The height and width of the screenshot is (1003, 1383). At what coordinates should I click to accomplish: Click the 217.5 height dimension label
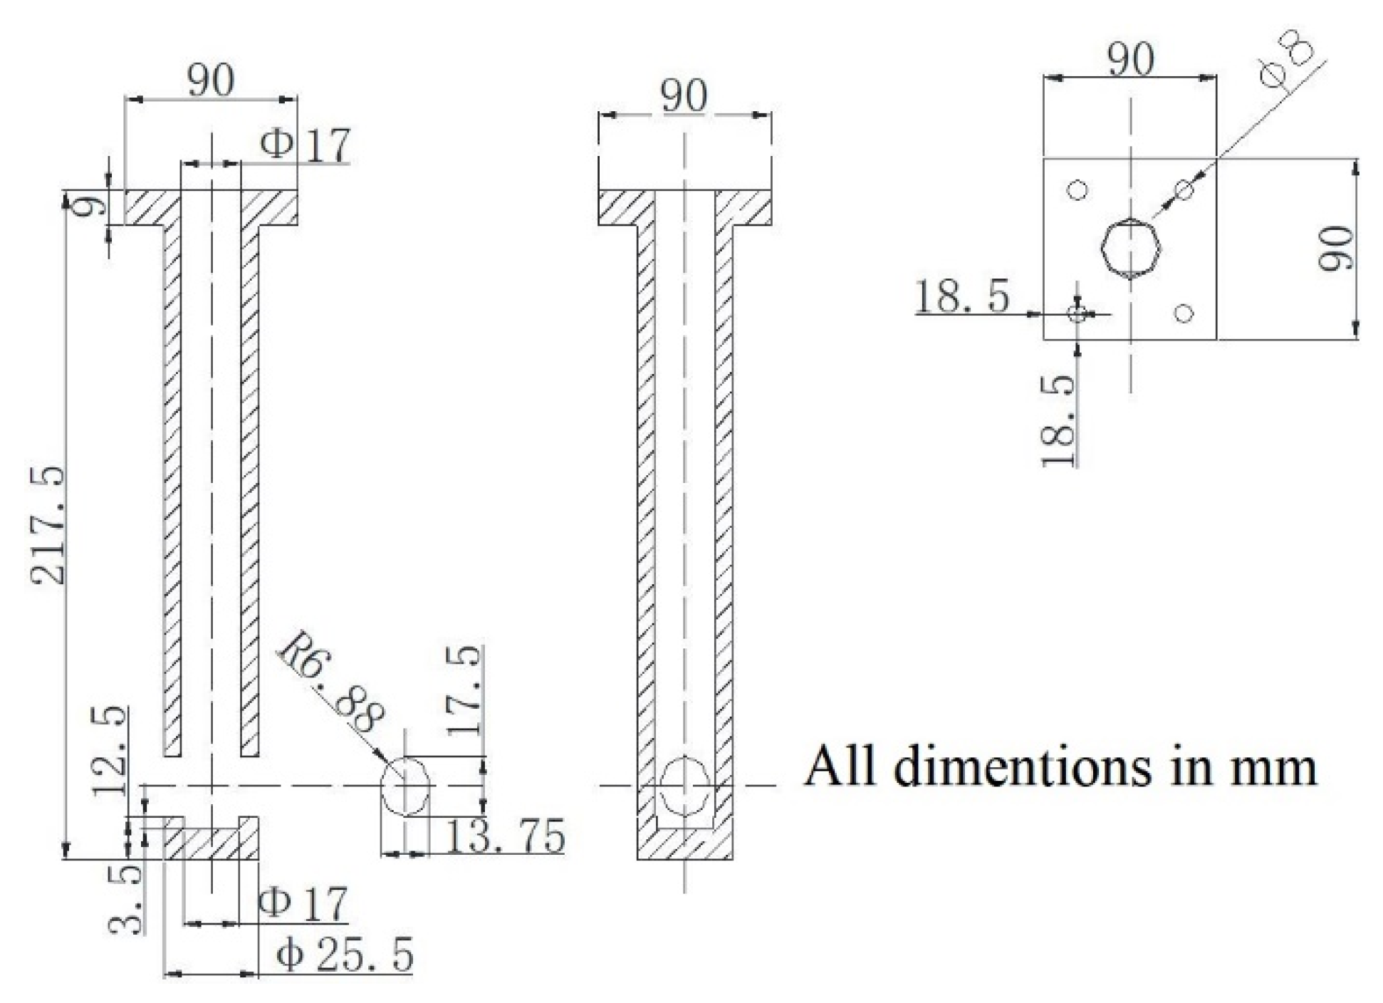(48, 526)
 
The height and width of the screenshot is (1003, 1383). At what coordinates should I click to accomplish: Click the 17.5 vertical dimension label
(466, 690)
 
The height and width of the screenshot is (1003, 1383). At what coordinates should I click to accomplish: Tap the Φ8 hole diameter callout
(1287, 63)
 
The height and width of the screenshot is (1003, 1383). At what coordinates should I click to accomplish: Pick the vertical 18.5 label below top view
(1059, 420)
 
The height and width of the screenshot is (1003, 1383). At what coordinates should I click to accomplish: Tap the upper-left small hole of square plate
(1077, 190)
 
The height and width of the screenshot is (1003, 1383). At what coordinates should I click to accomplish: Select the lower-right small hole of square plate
(1184, 313)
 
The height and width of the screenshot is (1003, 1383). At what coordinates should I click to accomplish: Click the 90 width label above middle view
(684, 96)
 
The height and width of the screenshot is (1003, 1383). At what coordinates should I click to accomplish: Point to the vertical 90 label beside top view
(1335, 248)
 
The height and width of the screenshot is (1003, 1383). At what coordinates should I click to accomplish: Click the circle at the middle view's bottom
(684, 786)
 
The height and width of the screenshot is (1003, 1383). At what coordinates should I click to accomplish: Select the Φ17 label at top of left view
(306, 145)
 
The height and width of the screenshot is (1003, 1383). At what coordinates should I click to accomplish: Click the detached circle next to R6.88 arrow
(406, 785)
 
